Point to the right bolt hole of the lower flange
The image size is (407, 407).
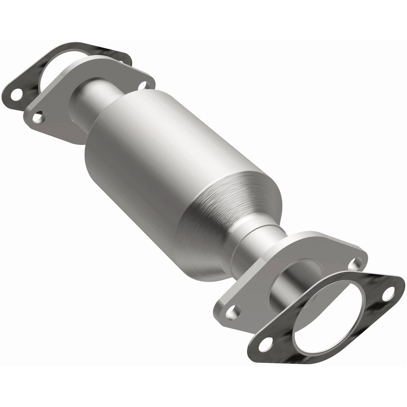(x=353, y=265)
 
